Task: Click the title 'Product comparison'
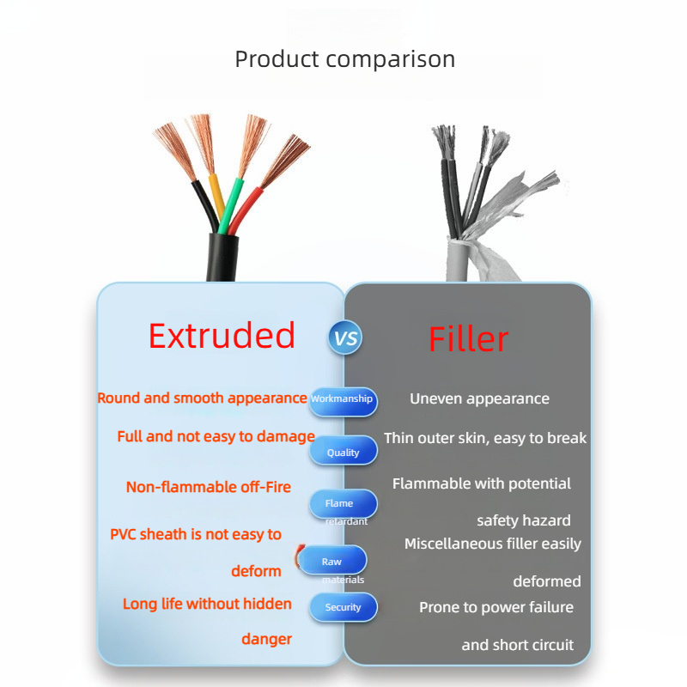click(x=345, y=59)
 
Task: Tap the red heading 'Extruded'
click(x=222, y=335)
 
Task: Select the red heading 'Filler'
click(x=468, y=338)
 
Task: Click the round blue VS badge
click(x=346, y=337)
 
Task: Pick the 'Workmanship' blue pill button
click(x=343, y=401)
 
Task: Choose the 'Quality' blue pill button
click(x=343, y=450)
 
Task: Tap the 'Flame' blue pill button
click(x=343, y=504)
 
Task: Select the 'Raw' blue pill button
click(x=332, y=560)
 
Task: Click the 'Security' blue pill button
click(x=343, y=607)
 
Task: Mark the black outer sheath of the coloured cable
click(x=222, y=258)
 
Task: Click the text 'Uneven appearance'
click(x=479, y=398)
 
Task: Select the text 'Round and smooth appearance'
click(x=202, y=398)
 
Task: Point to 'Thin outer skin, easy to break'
click(x=485, y=438)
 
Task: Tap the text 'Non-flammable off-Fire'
click(x=209, y=487)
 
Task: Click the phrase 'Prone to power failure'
click(x=496, y=607)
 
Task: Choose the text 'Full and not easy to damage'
click(x=216, y=436)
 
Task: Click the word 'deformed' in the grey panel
click(x=547, y=581)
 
